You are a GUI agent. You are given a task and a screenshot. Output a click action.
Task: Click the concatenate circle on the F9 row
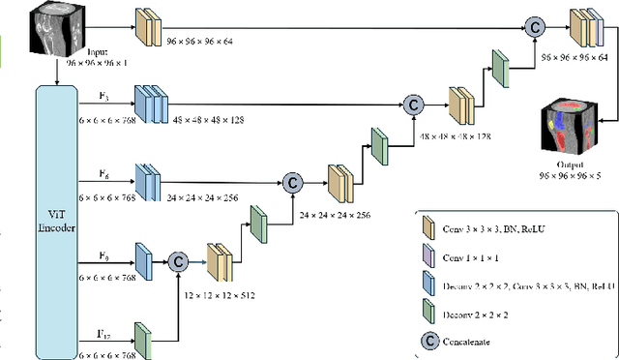pyautogui.click(x=176, y=260)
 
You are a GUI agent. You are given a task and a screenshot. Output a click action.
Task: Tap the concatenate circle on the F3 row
pyautogui.click(x=413, y=102)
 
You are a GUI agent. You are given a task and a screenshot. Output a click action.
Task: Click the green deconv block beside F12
pyautogui.click(x=142, y=340)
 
